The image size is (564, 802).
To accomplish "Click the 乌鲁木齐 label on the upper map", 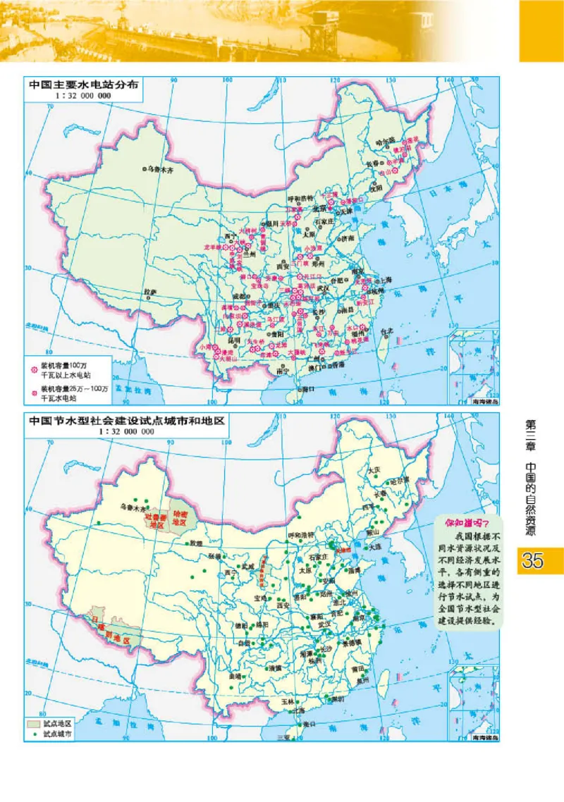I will click(162, 169).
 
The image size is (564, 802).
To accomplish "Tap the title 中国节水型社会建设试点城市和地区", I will click(126, 421).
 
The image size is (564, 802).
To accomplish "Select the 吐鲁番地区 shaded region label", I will click(154, 522).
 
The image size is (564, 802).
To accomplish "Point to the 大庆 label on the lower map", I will click(374, 469).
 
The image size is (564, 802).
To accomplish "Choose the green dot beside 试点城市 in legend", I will click(33, 734).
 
